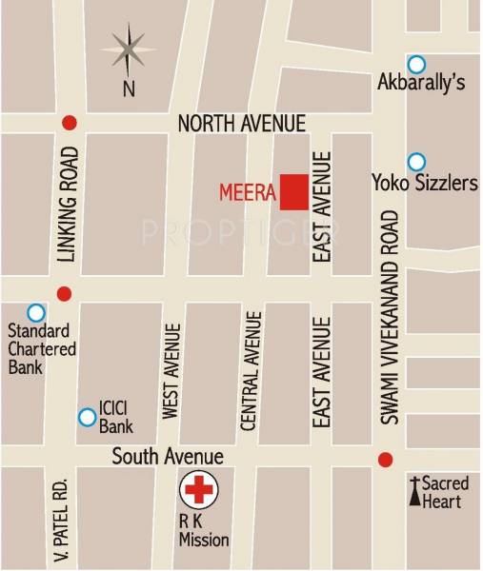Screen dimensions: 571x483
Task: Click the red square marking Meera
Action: click(x=293, y=192)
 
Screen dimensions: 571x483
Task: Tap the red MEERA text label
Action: click(x=248, y=194)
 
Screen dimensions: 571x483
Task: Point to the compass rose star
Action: click(x=128, y=49)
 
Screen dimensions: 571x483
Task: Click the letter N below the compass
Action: click(x=128, y=89)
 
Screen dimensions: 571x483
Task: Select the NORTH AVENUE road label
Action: click(x=242, y=124)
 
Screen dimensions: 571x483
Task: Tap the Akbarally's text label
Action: click(x=421, y=84)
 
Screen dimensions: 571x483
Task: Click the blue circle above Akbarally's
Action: click(x=416, y=64)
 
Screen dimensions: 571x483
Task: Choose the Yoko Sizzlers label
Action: click(x=424, y=182)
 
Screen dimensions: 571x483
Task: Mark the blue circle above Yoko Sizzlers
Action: click(x=416, y=162)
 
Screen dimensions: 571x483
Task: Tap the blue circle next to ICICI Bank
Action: click(x=87, y=417)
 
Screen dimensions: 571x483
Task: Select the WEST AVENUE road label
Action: click(x=171, y=372)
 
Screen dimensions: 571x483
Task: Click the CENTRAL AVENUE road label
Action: click(x=252, y=372)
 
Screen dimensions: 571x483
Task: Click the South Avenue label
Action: click(x=168, y=457)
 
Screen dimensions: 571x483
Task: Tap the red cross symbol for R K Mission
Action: click(x=199, y=491)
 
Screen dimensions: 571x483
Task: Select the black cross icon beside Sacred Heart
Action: click(x=414, y=491)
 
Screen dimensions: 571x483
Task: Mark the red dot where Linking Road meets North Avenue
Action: click(x=68, y=123)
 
